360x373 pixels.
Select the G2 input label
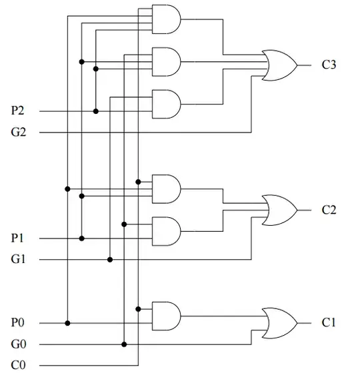click(19, 133)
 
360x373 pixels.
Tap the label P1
click(19, 238)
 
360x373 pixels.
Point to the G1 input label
click(19, 259)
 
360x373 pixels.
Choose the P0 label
click(19, 323)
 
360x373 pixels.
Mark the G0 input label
click(19, 344)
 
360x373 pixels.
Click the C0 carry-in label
click(19, 365)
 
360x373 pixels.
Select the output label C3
click(329, 65)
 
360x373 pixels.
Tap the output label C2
click(329, 210)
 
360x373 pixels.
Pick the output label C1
click(329, 323)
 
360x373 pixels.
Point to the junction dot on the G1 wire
click(110, 259)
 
